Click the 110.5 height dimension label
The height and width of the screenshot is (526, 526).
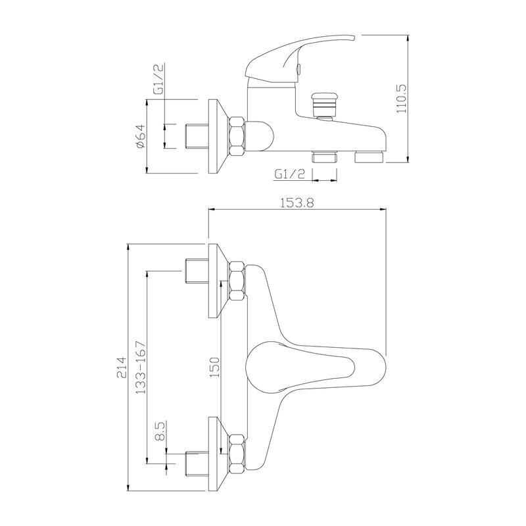click(401, 98)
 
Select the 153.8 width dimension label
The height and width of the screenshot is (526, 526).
click(297, 203)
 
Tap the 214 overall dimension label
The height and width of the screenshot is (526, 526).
click(122, 368)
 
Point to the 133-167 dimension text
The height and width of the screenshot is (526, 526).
click(141, 368)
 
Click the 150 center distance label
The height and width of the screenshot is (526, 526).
click(214, 368)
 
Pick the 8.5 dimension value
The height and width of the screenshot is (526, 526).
click(160, 431)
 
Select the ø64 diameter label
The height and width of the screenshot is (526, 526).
click(141, 136)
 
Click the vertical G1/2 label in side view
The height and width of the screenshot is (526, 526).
click(158, 79)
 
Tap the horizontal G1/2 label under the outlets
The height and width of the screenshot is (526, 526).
click(290, 174)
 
